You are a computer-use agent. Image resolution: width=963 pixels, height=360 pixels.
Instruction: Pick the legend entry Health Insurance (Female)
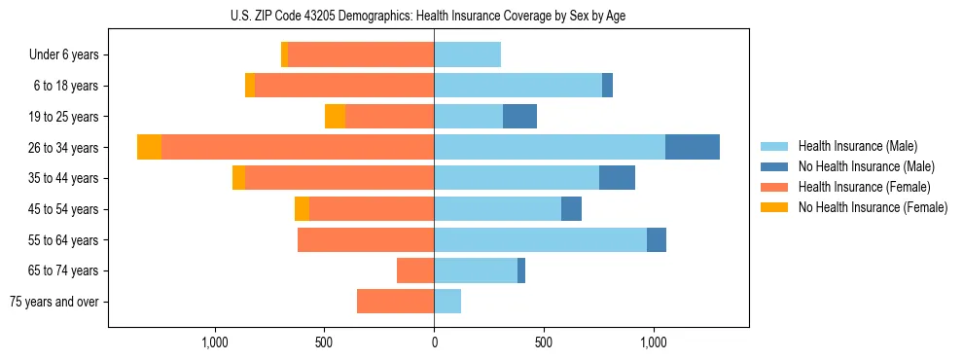coord(864,187)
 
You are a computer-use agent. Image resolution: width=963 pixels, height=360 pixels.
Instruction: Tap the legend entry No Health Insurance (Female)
coord(873,207)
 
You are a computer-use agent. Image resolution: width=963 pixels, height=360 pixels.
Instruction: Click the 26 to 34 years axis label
coord(63,148)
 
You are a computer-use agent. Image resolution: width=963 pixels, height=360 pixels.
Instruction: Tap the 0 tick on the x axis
coord(434,342)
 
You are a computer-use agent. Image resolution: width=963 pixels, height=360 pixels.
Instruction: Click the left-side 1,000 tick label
coord(215,342)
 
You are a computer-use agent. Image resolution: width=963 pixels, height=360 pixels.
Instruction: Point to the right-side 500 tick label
coord(544,342)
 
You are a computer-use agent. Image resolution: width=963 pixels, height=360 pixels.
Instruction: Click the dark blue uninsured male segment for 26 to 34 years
coord(693,147)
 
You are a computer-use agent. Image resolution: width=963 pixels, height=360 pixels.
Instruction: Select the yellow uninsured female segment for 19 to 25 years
coord(335,116)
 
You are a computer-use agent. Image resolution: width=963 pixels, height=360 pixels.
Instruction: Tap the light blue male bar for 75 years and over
coord(447,302)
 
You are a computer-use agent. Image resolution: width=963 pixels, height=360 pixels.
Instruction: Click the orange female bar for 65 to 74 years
coord(415,270)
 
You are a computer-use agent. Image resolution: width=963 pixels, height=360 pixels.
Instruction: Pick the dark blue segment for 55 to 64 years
coord(657,239)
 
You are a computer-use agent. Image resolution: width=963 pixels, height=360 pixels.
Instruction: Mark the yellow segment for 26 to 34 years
coord(149,147)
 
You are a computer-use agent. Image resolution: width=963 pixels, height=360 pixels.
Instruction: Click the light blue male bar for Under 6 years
coord(467,54)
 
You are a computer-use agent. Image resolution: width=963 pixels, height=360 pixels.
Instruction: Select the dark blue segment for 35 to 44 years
coord(617,178)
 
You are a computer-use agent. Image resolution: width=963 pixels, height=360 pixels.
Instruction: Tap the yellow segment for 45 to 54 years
coord(302,208)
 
